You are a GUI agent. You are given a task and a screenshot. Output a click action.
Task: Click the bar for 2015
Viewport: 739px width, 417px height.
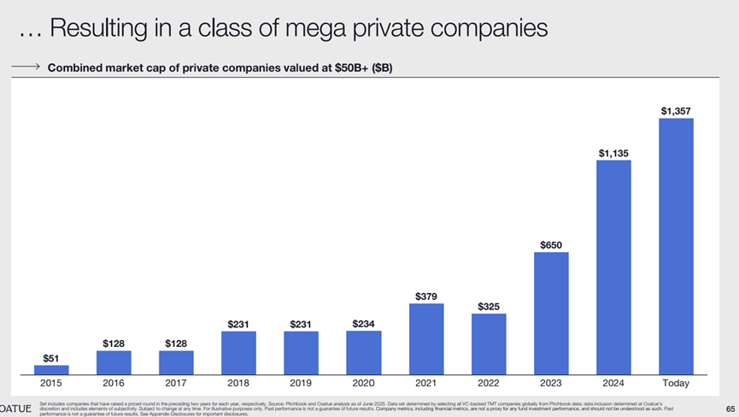tap(51, 370)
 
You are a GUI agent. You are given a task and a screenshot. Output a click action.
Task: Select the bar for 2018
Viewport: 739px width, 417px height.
tap(238, 352)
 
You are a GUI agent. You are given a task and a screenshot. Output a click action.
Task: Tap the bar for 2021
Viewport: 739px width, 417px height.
tap(426, 338)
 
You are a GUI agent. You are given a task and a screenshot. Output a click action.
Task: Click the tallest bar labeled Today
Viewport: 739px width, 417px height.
tap(676, 246)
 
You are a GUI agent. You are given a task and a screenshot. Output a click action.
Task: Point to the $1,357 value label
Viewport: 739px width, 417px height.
tap(676, 110)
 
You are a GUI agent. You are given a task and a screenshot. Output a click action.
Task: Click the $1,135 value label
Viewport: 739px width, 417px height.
tap(613, 153)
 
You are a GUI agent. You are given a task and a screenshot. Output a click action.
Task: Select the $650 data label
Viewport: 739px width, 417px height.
tap(551, 245)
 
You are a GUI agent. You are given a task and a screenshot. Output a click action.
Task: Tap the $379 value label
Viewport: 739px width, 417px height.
tap(426, 297)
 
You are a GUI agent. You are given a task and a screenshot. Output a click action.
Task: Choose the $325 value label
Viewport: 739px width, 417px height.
tap(489, 306)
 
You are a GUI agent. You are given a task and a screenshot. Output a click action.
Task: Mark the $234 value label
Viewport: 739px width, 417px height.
tap(364, 323)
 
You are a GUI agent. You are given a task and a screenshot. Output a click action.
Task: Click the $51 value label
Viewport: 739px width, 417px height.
tap(51, 358)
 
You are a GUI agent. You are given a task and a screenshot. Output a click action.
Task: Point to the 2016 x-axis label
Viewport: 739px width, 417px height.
tap(114, 384)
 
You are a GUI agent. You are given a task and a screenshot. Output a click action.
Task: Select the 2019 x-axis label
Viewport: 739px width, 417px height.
tap(301, 384)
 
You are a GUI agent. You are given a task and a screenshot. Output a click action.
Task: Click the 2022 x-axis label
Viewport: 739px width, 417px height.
tap(489, 384)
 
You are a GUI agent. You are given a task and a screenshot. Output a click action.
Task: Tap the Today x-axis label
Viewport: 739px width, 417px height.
tap(676, 384)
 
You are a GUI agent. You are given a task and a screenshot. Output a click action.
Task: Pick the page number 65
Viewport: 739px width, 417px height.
tap(730, 408)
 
